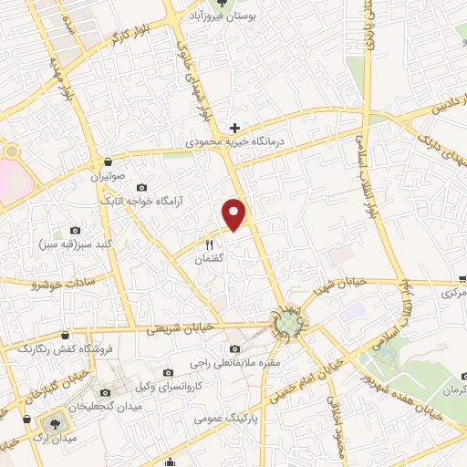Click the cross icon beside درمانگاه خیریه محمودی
coord(235,128)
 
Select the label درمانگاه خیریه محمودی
coord(235,142)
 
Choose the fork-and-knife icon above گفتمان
coord(210,244)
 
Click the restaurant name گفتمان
coord(210,259)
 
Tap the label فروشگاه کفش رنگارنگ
coord(57,348)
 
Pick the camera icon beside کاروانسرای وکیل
coord(169,372)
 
